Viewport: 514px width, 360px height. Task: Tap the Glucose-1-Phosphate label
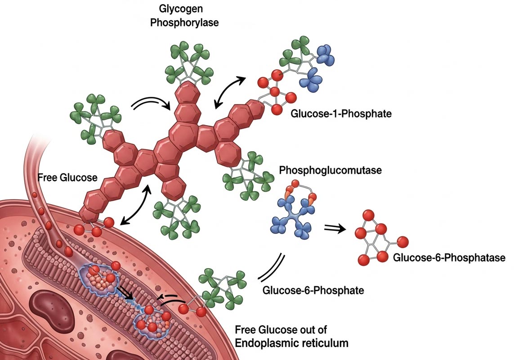[x=341, y=113]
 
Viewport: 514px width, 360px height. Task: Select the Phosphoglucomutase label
[x=330, y=171]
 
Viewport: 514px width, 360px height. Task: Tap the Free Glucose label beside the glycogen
[x=67, y=177]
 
